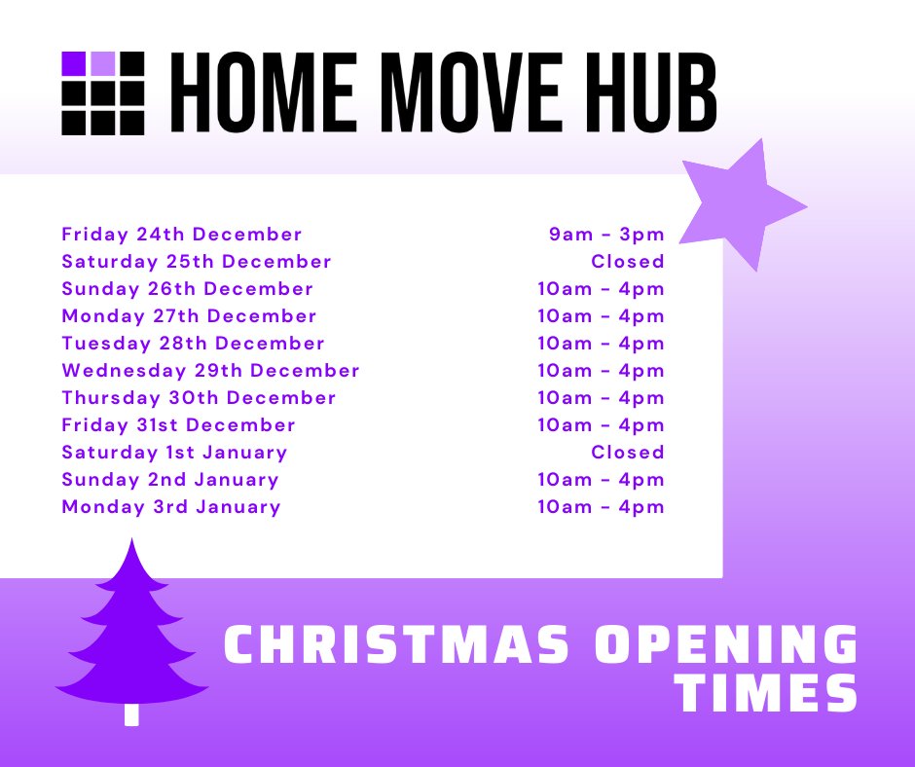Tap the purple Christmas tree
point(131,633)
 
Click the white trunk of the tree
point(131,713)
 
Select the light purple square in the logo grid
point(102,63)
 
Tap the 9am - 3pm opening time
point(606,235)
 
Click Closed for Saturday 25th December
point(628,262)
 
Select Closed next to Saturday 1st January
point(628,453)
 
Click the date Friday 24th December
point(182,235)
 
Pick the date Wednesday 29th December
point(210,371)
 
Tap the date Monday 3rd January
point(171,507)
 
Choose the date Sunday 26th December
point(187,289)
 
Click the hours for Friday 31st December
point(601,425)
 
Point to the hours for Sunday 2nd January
point(601,480)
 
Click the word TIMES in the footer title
point(767,692)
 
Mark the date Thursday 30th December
point(199,398)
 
